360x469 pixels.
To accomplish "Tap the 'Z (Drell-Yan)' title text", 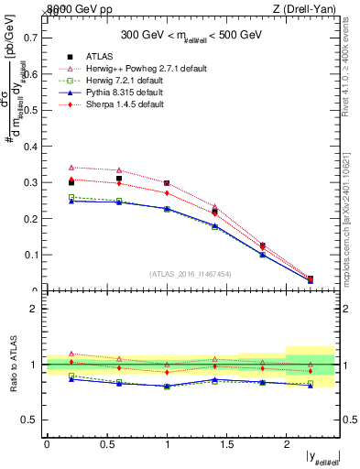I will coord(304,8).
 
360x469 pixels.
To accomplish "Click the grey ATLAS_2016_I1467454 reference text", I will coord(191,273).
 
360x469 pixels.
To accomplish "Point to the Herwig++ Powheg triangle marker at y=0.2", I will coord(71,168).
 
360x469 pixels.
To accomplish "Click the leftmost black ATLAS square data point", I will coord(71,182).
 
